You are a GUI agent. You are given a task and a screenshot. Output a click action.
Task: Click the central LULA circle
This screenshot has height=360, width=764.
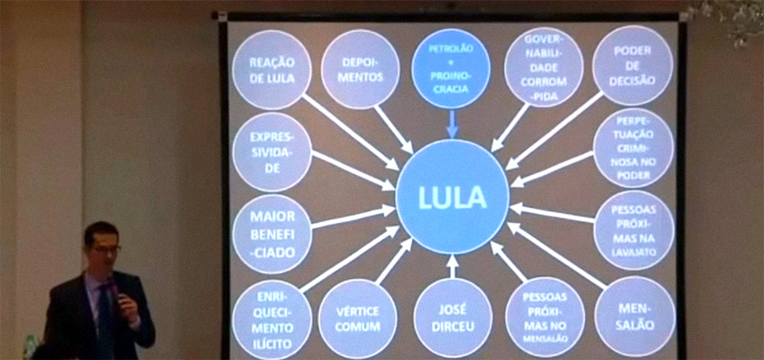(x=452, y=196)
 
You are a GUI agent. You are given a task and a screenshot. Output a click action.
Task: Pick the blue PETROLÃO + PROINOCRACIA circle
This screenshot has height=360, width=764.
(x=451, y=68)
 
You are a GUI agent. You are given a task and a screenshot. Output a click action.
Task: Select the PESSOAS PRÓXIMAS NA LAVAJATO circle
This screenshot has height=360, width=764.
(x=633, y=229)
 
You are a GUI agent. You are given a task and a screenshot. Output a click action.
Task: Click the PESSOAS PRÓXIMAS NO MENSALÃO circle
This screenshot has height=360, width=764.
(x=544, y=316)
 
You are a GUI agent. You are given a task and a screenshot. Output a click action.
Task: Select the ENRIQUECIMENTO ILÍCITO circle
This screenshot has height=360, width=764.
(x=271, y=315)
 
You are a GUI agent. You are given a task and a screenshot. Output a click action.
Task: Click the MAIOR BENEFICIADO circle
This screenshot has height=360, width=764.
(x=271, y=233)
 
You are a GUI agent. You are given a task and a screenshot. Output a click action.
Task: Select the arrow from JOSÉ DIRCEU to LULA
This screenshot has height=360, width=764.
(x=452, y=266)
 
